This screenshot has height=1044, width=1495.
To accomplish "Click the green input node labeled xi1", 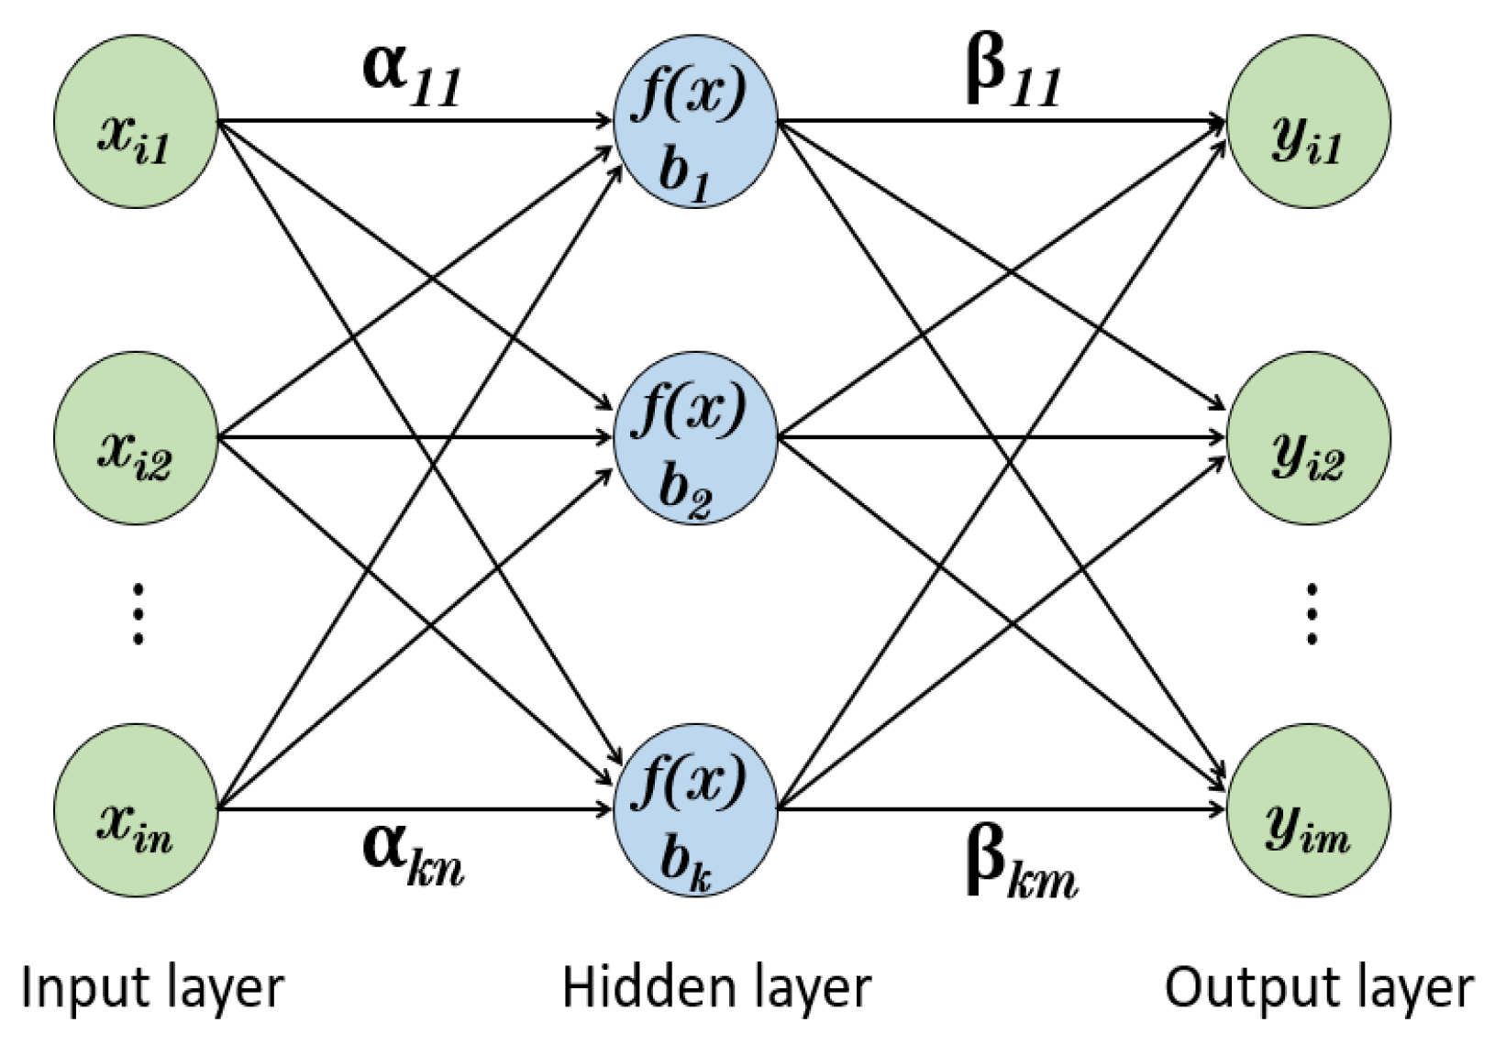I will [136, 122].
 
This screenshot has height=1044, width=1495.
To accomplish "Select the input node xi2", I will [136, 437].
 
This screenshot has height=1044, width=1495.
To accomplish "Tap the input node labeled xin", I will [136, 809].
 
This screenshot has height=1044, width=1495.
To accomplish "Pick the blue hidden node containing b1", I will [695, 122].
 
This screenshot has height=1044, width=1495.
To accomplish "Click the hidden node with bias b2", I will [695, 437].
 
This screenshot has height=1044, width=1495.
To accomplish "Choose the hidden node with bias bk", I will [695, 809].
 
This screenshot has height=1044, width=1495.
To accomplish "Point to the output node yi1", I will [1308, 122].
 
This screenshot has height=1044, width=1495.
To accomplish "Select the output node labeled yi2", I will [1308, 437].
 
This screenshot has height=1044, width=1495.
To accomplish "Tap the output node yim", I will [1308, 809].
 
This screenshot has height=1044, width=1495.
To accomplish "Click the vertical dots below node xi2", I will [138, 611].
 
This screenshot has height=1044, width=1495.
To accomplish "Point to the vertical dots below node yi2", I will [1312, 613].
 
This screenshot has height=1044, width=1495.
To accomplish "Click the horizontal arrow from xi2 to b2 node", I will [413, 437].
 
